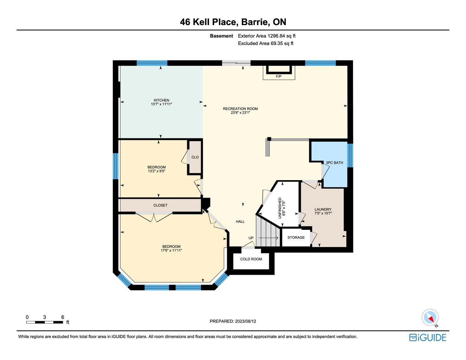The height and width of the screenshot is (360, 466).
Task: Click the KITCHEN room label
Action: point(161,100)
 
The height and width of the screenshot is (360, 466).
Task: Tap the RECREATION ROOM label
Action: point(240,109)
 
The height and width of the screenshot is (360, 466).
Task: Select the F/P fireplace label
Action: point(279,76)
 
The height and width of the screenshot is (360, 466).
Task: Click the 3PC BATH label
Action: point(334,163)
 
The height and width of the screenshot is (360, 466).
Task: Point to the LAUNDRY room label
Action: point(323,209)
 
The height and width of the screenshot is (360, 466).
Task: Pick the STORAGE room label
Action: point(296,237)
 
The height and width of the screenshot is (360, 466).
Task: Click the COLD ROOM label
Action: point(251,259)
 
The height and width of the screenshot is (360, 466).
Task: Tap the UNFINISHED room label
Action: point(280,208)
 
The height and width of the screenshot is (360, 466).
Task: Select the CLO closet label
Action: point(195,157)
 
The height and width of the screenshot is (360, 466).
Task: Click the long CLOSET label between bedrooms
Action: point(160,205)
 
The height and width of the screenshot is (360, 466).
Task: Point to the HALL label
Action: point(240,222)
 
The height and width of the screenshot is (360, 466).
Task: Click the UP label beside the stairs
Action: point(251,238)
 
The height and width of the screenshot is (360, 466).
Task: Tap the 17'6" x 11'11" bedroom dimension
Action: point(171,250)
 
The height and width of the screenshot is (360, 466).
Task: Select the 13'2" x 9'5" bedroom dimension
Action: point(157,171)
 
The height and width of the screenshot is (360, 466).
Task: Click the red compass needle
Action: point(431,320)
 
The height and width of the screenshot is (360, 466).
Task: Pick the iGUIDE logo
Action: point(427,337)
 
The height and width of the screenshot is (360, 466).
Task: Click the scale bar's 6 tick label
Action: point(62,317)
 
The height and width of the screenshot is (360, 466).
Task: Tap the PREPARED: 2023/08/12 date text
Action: point(233,321)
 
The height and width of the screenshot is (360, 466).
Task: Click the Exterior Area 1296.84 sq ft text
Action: point(267,36)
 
